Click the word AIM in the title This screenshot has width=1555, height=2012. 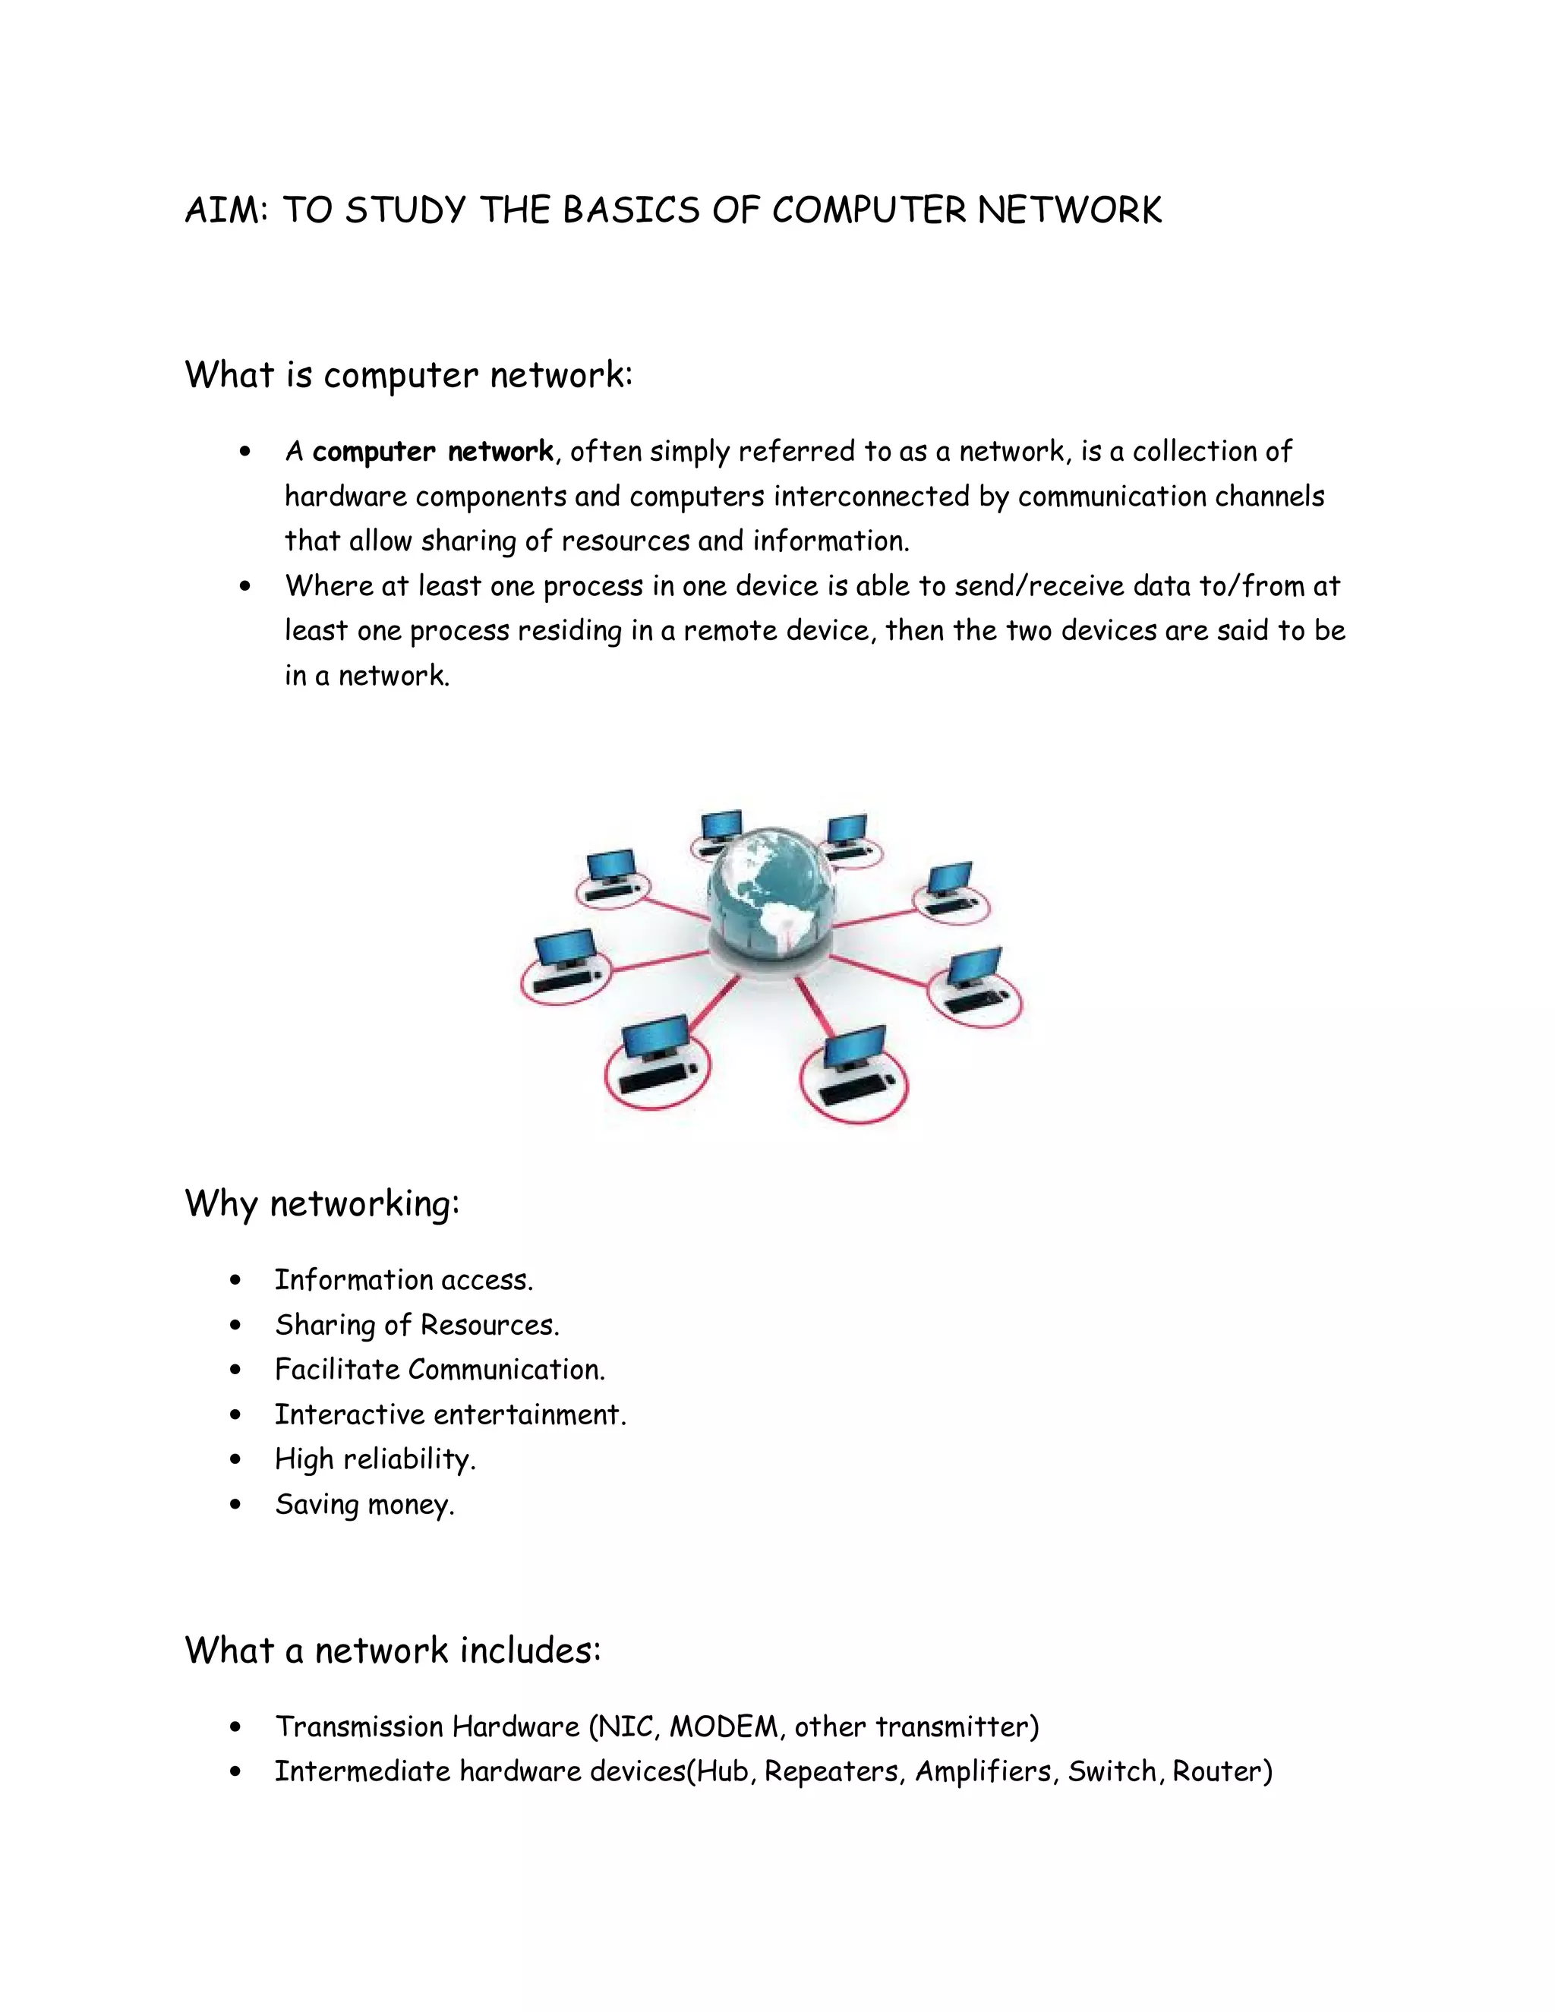tap(225, 210)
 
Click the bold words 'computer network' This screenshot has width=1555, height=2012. tap(433, 452)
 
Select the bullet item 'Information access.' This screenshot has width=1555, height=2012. tap(403, 1279)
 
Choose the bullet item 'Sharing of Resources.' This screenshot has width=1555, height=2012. tap(416, 1325)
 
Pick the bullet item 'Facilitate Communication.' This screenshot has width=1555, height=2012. tap(440, 1370)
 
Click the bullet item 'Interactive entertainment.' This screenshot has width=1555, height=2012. tap(449, 1414)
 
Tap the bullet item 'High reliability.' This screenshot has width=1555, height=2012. tap(375, 1459)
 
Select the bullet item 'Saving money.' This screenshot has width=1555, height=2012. tap(364, 1504)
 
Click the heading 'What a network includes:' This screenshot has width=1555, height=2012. tap(393, 1650)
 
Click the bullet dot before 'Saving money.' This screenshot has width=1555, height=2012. tap(236, 1504)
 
